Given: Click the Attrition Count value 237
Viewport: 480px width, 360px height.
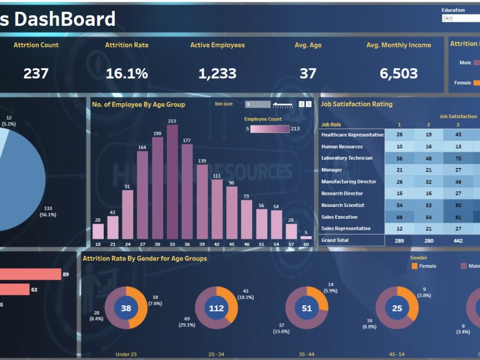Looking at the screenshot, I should pos(36,73).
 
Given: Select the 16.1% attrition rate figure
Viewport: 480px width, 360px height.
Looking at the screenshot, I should pos(127,73).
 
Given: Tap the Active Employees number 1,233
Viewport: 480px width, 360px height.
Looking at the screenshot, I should pos(217,73).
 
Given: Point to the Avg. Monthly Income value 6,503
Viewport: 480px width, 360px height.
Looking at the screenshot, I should pos(398,73).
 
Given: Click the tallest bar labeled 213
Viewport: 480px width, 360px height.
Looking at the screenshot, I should pos(172,182).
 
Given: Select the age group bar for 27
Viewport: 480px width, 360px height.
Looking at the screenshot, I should pos(142,195).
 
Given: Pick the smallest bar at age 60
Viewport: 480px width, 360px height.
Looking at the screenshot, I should pos(306,237).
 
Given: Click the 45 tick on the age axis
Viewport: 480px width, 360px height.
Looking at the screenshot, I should pos(231,244).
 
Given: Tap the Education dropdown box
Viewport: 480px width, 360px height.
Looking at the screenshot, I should pos(460,18).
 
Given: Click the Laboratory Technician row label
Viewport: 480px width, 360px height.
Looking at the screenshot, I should pos(347,158).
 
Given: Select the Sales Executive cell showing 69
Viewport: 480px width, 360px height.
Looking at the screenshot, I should pos(399,217).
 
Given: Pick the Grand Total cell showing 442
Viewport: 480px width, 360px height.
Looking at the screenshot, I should pos(458,240).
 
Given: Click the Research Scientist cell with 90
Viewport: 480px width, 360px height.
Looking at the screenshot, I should pos(458,205).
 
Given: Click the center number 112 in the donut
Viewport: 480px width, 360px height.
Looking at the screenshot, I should pos(216,308).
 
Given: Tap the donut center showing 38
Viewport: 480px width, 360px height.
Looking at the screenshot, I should pos(126,308).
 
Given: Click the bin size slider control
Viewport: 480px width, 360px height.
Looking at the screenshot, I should pos(283,104).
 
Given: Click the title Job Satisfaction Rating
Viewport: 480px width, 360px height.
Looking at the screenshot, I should pos(356,104).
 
